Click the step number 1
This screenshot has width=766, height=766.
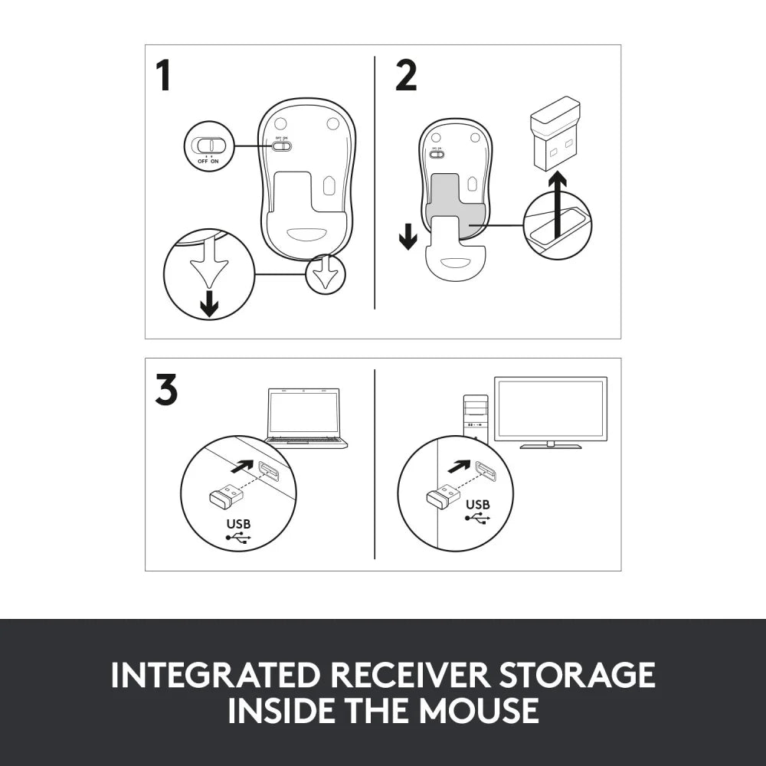163,76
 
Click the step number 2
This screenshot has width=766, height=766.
406,76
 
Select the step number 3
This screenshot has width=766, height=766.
166,390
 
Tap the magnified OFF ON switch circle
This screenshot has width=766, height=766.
208,146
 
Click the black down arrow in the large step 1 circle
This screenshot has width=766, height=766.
208,305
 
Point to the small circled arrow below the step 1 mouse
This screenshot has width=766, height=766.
326,275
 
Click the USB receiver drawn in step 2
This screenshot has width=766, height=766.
555,132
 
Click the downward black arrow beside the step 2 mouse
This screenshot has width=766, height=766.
408,237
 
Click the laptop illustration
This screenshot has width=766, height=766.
305,418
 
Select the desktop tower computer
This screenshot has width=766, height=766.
476,417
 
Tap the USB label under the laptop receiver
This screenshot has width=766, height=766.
238,524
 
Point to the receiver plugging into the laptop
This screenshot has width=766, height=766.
225,497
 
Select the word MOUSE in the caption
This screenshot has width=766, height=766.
481,710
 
